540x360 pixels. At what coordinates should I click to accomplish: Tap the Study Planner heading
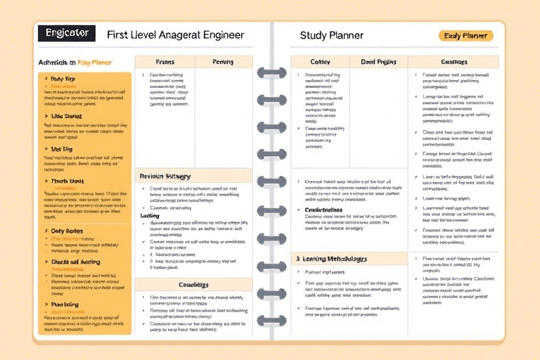coord(331,34)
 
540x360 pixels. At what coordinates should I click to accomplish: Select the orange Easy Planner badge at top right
coord(465,35)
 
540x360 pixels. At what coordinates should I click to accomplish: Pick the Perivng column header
coord(223,62)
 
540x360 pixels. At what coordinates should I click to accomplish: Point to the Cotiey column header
coord(320,62)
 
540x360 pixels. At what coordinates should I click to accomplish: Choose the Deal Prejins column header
coord(378,62)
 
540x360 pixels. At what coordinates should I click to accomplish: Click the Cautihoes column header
coord(453,62)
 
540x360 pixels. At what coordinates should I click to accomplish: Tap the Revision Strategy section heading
coord(166,176)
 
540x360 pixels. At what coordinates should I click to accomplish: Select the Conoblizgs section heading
coord(193,285)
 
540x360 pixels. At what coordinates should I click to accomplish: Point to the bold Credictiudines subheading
coord(323,210)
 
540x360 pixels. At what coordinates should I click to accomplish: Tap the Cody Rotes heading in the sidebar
coord(67,231)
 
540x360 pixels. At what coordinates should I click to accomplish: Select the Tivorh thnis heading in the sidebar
coord(69,181)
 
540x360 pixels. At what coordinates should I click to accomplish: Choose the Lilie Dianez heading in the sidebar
coord(67,116)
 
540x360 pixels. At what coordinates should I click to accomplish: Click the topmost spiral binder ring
coord(271,72)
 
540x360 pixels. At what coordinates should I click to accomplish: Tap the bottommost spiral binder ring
coord(271,321)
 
